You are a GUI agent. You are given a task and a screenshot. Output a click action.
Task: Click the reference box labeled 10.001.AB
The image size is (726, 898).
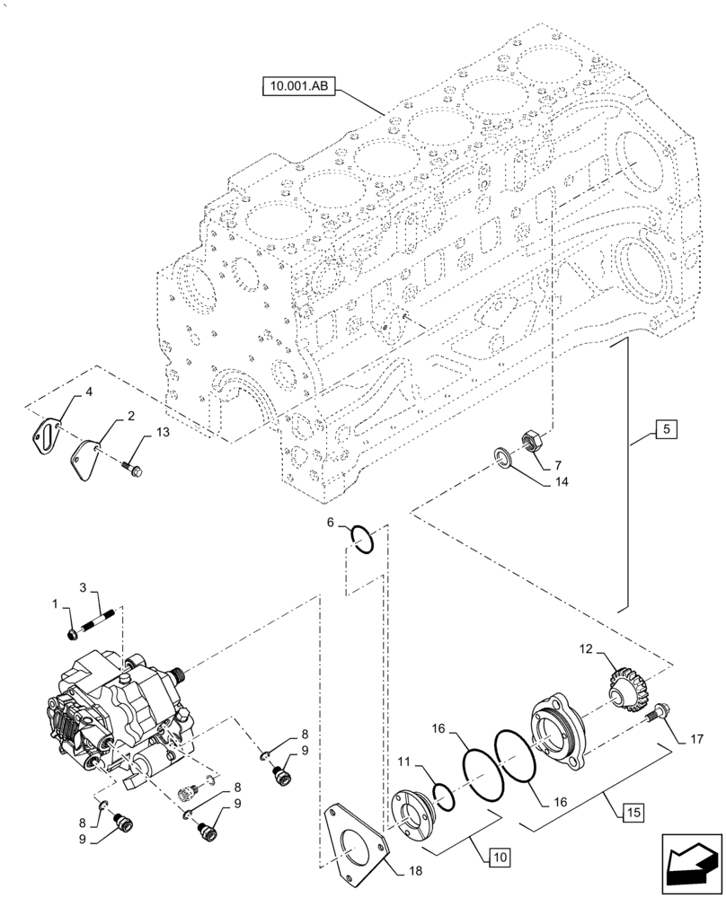tap(298, 87)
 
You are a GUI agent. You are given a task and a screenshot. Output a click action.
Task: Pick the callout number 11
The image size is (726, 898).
tap(404, 762)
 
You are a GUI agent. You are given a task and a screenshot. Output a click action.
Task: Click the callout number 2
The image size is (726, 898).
tap(130, 416)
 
